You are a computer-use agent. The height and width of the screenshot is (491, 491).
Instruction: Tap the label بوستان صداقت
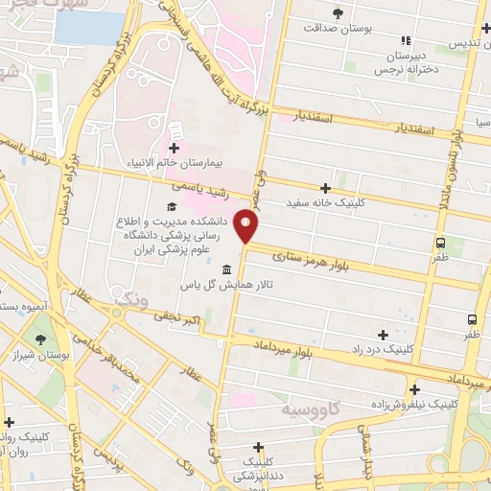[336, 28]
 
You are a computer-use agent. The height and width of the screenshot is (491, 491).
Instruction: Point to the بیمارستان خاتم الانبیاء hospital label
[174, 163]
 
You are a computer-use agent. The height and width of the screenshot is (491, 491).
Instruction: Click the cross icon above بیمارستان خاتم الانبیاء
[174, 148]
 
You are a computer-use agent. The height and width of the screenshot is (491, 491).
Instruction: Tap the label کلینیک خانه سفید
[325, 203]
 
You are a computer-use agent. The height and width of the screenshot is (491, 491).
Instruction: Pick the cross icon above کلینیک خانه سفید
[325, 188]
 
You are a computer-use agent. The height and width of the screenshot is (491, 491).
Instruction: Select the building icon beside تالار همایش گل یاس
[225, 269]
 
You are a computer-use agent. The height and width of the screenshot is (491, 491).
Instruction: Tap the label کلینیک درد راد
[384, 351]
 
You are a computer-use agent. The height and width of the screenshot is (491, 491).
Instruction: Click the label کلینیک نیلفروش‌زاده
[414, 404]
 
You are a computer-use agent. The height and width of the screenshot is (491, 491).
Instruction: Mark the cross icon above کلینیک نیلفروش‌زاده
[414, 388]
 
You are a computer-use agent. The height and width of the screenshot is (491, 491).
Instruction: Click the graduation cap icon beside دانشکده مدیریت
[171, 207]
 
